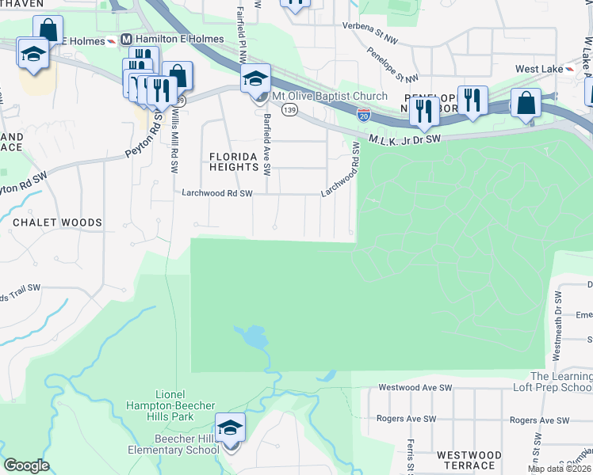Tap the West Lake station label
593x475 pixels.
point(538,69)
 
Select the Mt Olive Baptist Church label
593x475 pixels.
point(329,97)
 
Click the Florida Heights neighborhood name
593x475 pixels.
point(233,161)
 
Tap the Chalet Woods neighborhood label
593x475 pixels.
point(57,223)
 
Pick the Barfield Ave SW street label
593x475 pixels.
point(267,144)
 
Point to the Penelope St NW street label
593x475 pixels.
point(392,66)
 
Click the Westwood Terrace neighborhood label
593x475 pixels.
point(468,460)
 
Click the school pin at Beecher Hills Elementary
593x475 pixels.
point(230,430)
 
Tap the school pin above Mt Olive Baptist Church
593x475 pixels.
point(256,79)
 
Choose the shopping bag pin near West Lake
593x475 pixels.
point(526,103)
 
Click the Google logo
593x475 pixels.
point(27,465)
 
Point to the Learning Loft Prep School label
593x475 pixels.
point(560,382)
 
